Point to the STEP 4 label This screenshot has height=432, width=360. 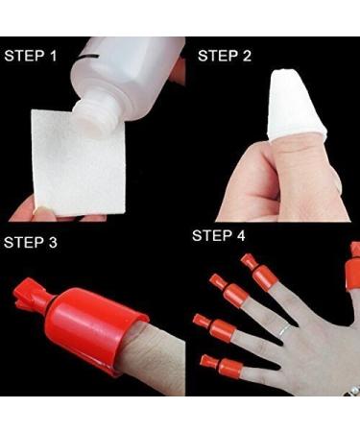pyautogui.click(x=225, y=235)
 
